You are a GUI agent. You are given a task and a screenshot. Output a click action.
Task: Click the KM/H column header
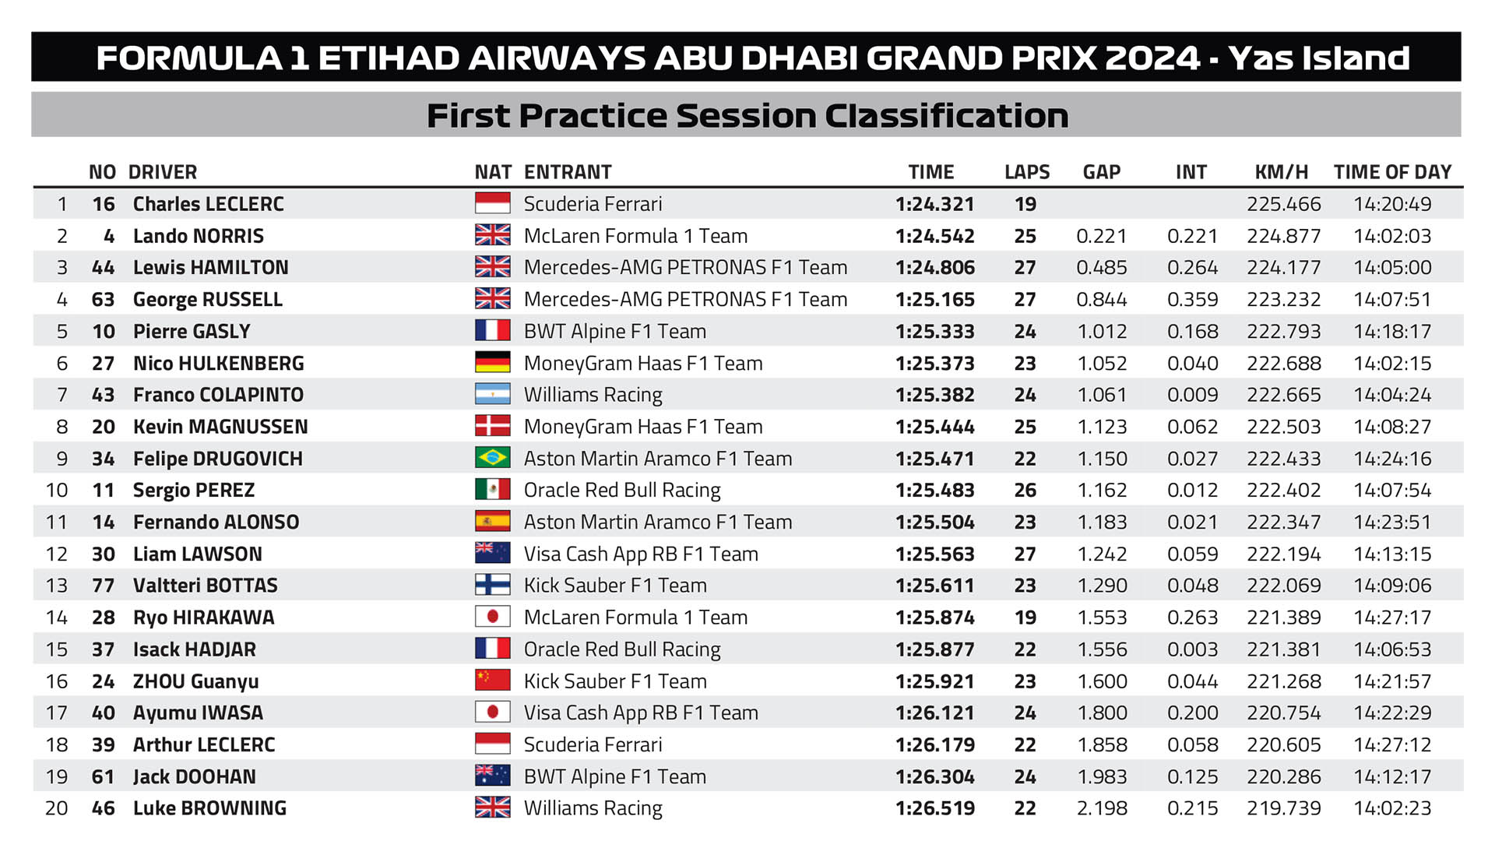point(1281,172)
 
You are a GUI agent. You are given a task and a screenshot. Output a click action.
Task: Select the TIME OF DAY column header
point(1392,172)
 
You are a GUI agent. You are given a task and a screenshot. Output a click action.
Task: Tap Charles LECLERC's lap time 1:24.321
point(934,204)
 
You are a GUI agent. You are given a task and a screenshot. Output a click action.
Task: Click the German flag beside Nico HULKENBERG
point(492,363)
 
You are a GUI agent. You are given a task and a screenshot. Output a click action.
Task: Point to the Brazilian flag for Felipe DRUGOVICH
point(492,458)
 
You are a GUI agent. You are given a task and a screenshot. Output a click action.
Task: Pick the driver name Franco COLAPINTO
point(218,395)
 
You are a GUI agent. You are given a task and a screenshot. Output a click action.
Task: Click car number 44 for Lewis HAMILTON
point(103,268)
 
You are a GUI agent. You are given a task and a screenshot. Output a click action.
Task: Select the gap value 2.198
point(1102,808)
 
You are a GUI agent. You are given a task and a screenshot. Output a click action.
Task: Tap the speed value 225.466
point(1283,204)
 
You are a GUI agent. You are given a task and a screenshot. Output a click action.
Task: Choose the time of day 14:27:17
point(1392,617)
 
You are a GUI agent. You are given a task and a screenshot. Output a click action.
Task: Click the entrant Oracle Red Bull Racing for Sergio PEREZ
point(622,490)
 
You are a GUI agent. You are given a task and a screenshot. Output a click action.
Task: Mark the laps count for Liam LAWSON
point(1025,554)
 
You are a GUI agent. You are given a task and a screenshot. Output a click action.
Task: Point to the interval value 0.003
point(1192,649)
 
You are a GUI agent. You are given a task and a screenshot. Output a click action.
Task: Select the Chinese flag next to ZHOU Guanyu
point(492,681)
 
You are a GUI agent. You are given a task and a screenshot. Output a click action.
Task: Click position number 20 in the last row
point(56,808)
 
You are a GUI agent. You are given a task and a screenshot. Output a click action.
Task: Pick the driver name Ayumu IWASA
point(198,712)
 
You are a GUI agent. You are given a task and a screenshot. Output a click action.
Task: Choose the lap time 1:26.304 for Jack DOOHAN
point(934,776)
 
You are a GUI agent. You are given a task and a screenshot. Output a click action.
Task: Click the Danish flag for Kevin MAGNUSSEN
point(492,426)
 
